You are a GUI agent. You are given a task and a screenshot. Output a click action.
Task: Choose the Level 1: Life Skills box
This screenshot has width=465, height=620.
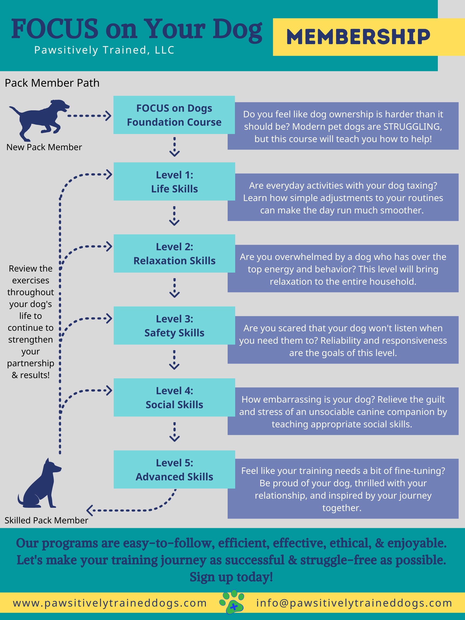(174, 182)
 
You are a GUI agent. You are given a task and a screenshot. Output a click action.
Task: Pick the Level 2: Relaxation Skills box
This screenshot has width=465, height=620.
(174, 254)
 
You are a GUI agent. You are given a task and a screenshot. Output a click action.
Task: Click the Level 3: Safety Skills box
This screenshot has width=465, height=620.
(174, 326)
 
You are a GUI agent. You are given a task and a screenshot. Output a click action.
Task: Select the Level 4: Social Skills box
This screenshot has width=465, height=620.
(174, 397)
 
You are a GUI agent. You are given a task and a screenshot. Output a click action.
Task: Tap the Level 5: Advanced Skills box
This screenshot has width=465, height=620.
(174, 470)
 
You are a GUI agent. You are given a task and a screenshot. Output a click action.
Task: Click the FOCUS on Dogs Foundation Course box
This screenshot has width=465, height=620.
(174, 115)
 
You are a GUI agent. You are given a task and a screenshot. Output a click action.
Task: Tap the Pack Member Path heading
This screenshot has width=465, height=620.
(52, 83)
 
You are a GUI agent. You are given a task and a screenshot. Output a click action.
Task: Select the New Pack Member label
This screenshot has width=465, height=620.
(44, 147)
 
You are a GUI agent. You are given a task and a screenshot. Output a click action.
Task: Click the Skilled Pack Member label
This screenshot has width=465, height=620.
(46, 520)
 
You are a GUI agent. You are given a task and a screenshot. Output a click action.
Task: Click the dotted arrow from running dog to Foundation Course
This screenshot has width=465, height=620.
(89, 116)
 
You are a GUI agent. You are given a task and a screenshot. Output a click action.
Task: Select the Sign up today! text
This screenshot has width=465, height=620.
(231, 577)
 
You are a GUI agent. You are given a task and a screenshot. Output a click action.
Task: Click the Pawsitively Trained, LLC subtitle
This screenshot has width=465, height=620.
(104, 50)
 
